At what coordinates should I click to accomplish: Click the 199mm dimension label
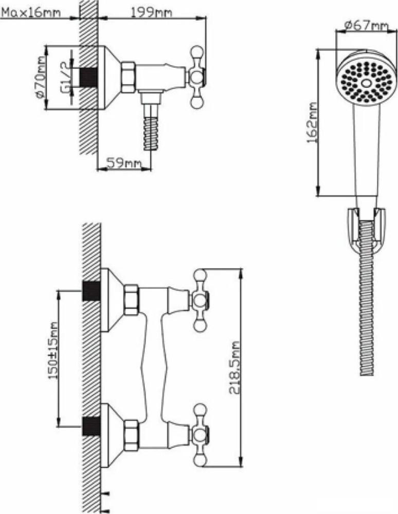(x=151, y=12)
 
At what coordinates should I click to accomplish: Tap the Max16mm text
(x=31, y=13)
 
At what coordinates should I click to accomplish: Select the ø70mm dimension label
(x=40, y=78)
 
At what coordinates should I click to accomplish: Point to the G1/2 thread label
(x=65, y=78)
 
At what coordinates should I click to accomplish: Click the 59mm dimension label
(x=124, y=163)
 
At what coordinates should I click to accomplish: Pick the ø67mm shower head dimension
(x=367, y=25)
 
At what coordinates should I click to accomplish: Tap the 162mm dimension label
(x=312, y=123)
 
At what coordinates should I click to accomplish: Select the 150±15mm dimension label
(x=53, y=351)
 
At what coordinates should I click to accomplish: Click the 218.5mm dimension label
(x=235, y=367)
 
